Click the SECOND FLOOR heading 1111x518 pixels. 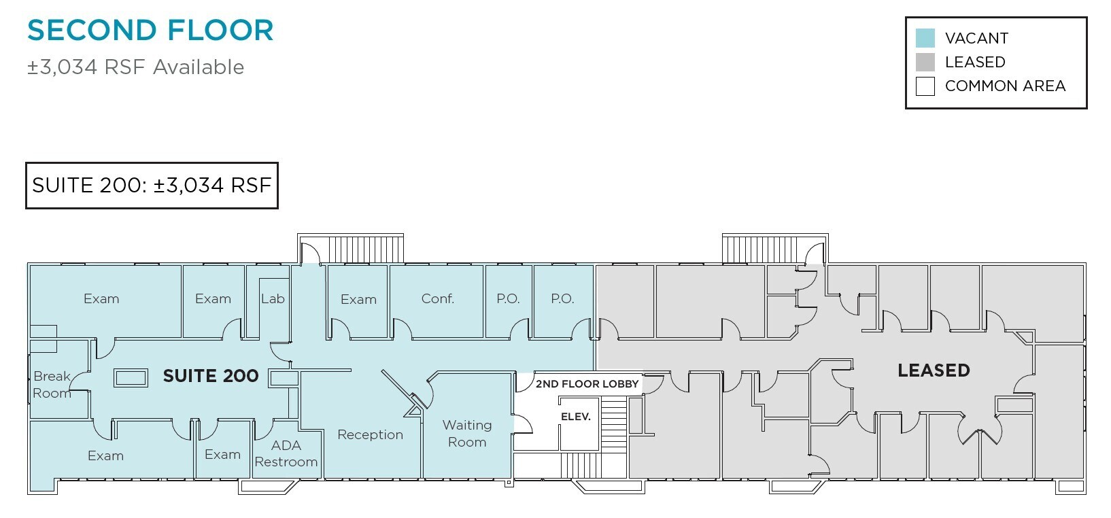click(x=150, y=30)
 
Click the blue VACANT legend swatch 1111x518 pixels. click(x=925, y=38)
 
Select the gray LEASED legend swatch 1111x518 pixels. click(x=925, y=62)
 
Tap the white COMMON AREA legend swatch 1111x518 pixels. click(x=925, y=86)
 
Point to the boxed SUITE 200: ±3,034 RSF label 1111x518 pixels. click(x=152, y=186)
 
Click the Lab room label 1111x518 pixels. click(x=273, y=298)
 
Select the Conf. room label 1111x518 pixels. click(x=437, y=298)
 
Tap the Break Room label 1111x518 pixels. click(x=52, y=385)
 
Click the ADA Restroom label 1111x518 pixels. click(x=286, y=453)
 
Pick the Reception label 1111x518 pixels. click(x=370, y=434)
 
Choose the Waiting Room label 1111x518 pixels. click(x=467, y=434)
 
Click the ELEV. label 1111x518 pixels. click(x=576, y=417)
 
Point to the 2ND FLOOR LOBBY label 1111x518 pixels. click(x=587, y=383)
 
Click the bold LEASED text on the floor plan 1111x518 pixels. click(x=934, y=370)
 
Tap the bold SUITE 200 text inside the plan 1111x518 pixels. click(x=211, y=376)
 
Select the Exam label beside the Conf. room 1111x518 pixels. click(x=358, y=299)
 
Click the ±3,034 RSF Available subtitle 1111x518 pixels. click(x=135, y=67)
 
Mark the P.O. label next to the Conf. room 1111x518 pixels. click(x=508, y=298)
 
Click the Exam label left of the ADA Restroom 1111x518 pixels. click(x=223, y=455)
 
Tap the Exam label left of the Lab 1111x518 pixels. click(x=213, y=298)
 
